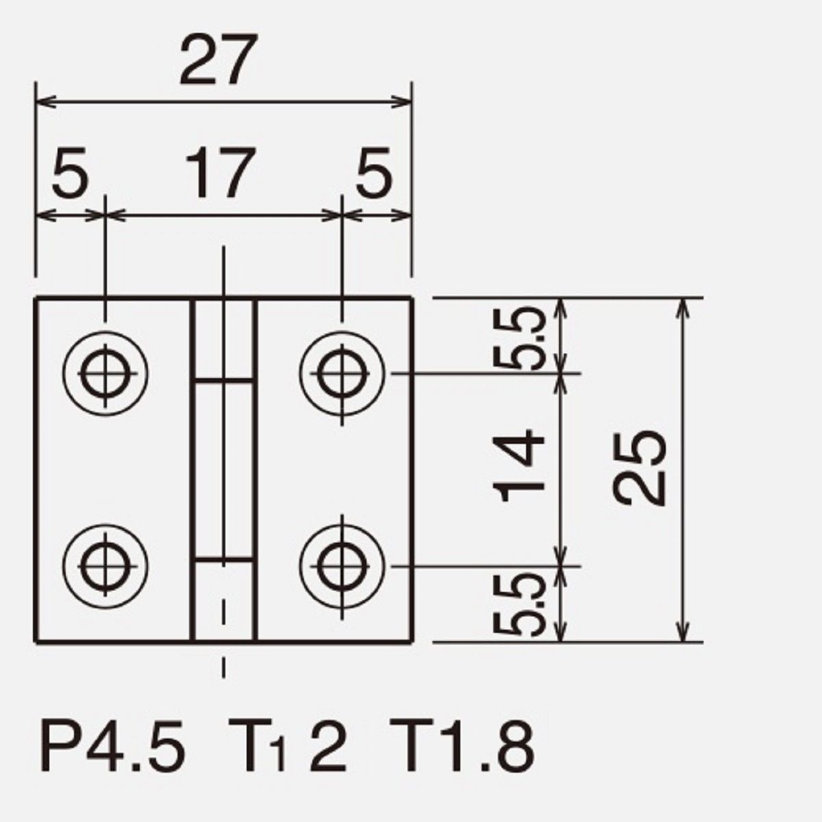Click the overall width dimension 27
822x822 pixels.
[219, 60]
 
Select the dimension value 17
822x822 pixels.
[221, 173]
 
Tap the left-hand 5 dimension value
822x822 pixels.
[71, 173]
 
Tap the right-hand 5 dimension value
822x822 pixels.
[374, 173]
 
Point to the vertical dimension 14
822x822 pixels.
[519, 465]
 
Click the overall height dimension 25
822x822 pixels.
[638, 468]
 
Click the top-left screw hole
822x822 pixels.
[105, 373]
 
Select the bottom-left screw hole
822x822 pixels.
[105, 566]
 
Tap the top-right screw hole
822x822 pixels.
[342, 373]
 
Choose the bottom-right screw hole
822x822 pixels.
[342, 566]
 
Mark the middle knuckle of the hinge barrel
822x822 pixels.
[223, 469]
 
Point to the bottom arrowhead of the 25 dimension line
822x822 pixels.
[684, 630]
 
